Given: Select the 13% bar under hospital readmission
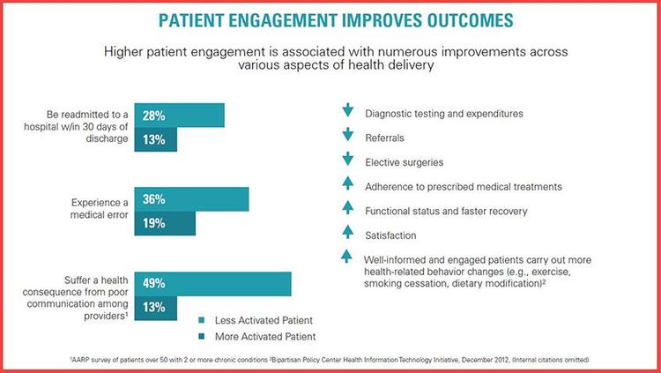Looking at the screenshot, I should pyautogui.click(x=156, y=140).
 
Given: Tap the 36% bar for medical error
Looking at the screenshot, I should pyautogui.click(x=191, y=199).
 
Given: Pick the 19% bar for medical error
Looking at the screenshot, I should pyautogui.click(x=165, y=224).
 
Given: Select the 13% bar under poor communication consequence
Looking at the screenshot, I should pyautogui.click(x=156, y=308).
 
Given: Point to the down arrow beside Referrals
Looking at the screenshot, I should pyautogui.click(x=347, y=137).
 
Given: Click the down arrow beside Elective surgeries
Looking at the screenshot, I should pyautogui.click(x=347, y=161).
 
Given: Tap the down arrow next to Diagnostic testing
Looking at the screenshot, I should pyautogui.click(x=347, y=112).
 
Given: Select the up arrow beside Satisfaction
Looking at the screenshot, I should pyautogui.click(x=347, y=234).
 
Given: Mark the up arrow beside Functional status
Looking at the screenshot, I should pyautogui.click(x=347, y=210).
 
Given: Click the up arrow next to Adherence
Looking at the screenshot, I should pyautogui.click(x=347, y=185).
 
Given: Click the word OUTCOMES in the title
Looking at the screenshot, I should pyautogui.click(x=439, y=19).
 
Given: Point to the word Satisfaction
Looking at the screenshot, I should pyautogui.click(x=390, y=235).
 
